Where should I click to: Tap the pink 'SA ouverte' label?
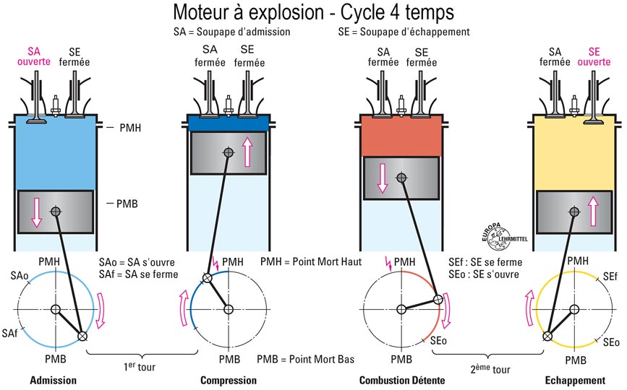click(x=33, y=56)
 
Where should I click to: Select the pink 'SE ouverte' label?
click(x=594, y=56)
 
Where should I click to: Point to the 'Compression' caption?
click(x=228, y=380)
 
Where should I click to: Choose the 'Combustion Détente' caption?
click(x=402, y=380)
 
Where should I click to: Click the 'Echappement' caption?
click(x=576, y=380)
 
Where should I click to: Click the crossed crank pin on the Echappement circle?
click(x=547, y=335)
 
